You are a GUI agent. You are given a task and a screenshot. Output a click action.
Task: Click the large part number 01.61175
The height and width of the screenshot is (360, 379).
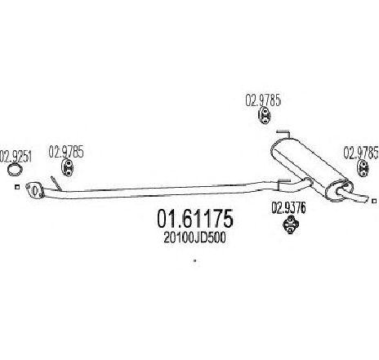[x=195, y=218]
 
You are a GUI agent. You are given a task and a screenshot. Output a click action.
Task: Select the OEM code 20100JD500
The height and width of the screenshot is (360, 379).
[x=194, y=238]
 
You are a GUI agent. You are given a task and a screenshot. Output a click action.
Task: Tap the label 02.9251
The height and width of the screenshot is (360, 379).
[x=16, y=157]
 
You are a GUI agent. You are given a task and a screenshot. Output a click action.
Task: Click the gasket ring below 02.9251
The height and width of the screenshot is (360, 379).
[x=15, y=169]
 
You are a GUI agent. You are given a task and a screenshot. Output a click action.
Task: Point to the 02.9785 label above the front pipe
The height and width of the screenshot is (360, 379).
[x=66, y=152]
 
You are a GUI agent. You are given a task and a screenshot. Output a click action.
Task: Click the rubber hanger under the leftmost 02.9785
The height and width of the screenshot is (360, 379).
[x=67, y=167]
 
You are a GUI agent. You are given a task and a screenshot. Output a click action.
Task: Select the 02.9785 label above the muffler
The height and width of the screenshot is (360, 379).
[x=263, y=100]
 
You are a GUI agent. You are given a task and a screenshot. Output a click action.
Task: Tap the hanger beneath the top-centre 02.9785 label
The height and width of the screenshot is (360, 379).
[x=264, y=115]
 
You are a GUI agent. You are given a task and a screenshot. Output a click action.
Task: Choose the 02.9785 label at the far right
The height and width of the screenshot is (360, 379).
[x=361, y=153]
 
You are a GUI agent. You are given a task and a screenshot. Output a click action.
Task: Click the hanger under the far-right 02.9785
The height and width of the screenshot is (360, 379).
[x=363, y=169]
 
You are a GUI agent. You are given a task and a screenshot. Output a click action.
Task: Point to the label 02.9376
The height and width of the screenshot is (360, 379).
[x=288, y=208]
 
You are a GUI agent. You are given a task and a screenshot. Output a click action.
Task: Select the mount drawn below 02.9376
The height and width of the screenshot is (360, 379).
[x=291, y=224]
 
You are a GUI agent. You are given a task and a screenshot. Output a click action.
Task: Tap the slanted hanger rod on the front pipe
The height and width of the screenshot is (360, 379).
[x=56, y=184]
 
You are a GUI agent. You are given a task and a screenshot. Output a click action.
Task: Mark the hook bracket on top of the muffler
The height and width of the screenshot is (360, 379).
[x=283, y=133]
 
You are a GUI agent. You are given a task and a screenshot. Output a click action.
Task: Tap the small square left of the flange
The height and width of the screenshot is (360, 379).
[x=17, y=187]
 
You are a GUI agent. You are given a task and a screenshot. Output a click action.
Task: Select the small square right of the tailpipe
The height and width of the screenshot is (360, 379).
[x=374, y=201]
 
